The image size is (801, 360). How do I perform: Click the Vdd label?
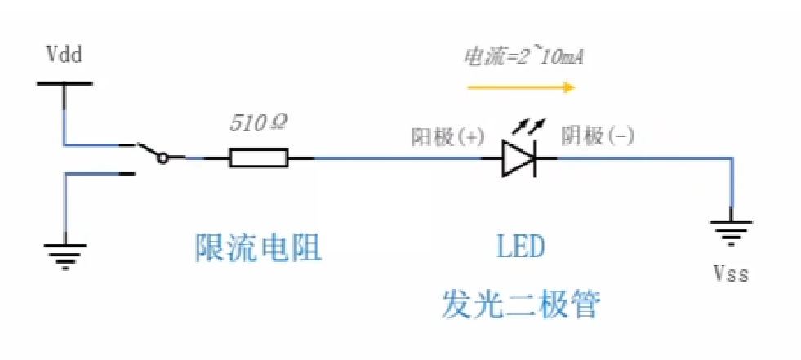[x=65, y=55]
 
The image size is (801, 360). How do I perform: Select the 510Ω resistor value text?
[x=259, y=124]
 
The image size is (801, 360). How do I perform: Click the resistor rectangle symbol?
[x=259, y=158]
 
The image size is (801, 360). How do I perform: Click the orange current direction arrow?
[x=522, y=85]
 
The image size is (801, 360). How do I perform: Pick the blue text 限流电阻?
[x=259, y=247]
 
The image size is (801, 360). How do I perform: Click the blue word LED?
[x=520, y=247]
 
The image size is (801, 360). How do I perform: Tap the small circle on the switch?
[x=163, y=158]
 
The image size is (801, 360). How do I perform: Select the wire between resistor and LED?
[x=392, y=158]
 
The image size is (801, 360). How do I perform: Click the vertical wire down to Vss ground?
[x=729, y=188]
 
